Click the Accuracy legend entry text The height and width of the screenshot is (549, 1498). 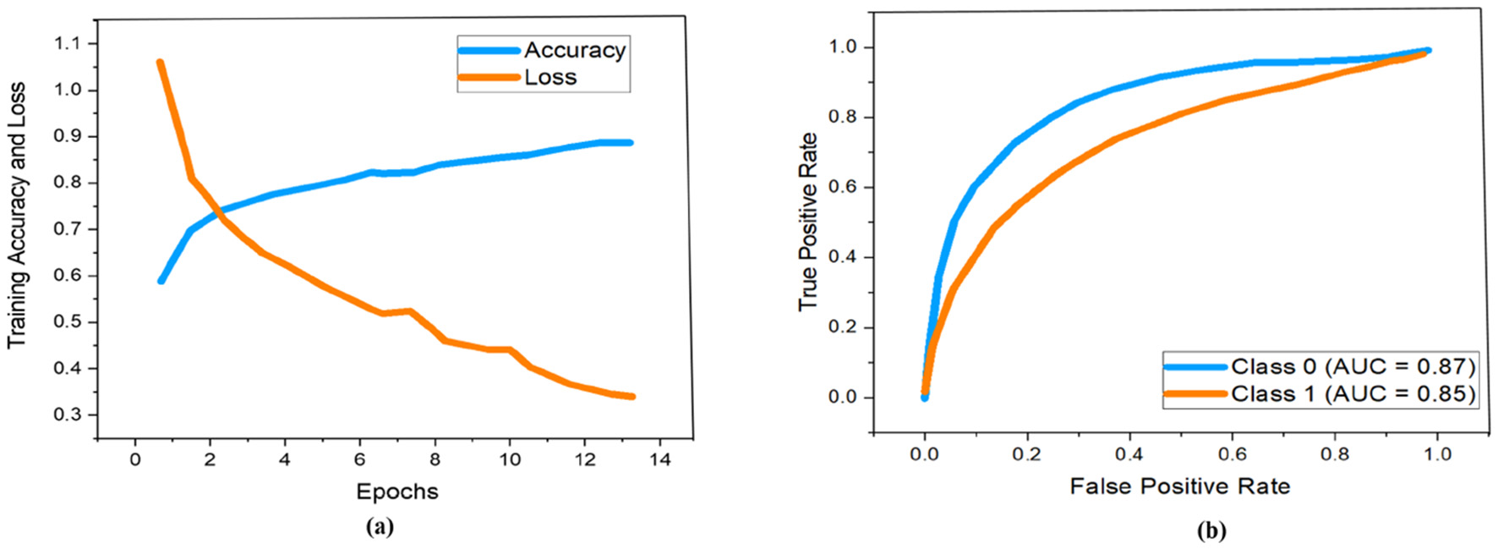(574, 50)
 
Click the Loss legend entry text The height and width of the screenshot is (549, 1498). (549, 77)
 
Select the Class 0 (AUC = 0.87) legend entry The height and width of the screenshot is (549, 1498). (1353, 366)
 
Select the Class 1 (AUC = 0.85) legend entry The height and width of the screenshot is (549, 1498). (1353, 393)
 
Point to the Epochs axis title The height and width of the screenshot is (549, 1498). (396, 491)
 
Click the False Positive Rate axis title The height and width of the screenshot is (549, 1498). (1179, 486)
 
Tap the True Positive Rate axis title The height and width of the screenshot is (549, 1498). (808, 222)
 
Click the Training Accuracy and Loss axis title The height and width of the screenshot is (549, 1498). (17, 216)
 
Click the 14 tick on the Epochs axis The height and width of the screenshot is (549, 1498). (660, 459)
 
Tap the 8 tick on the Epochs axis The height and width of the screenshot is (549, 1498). (435, 459)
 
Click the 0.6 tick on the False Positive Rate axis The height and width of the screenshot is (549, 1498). (1232, 454)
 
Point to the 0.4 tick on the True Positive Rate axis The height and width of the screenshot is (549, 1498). (842, 256)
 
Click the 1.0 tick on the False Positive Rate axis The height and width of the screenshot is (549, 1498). (1437, 454)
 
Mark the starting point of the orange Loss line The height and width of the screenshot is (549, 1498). (160, 62)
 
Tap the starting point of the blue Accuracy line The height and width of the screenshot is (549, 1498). (161, 280)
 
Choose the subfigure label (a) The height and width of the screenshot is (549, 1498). (380, 527)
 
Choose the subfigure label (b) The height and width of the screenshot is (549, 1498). (1211, 530)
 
